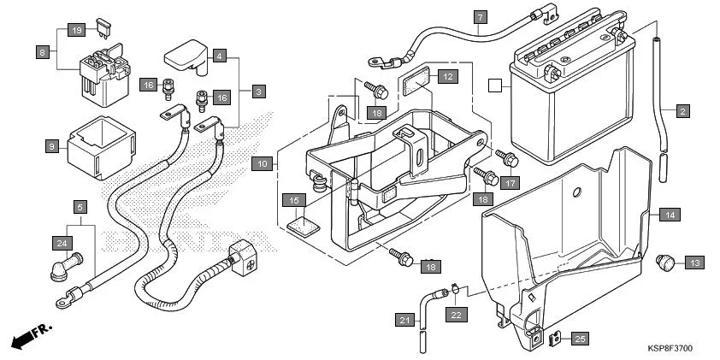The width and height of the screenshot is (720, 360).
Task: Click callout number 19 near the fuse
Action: (76, 31)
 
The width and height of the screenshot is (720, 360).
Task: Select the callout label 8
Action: (43, 52)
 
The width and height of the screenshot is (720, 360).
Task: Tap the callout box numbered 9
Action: (50, 146)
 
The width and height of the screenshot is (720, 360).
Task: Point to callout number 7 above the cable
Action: (480, 17)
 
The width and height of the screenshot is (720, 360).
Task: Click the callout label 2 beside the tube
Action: (682, 111)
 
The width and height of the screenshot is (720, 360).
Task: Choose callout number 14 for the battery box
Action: (670, 215)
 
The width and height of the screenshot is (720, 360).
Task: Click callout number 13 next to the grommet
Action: (693, 263)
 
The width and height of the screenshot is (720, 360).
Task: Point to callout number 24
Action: (62, 243)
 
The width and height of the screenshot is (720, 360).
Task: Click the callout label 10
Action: (263, 162)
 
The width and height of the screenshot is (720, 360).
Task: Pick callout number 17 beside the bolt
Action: (509, 181)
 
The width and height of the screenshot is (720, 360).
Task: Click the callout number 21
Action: (403, 320)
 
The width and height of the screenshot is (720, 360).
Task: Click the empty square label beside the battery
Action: (493, 85)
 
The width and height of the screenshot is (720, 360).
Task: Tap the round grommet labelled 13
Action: (665, 260)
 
